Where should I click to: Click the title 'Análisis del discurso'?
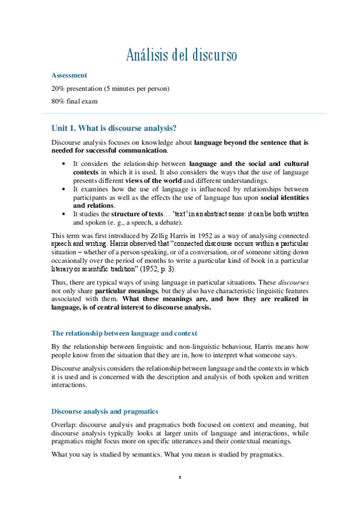pos(182,55)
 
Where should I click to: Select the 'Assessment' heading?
pos(69,75)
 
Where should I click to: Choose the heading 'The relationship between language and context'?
pos(124,333)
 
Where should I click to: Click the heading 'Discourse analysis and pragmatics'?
pos(105,411)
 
